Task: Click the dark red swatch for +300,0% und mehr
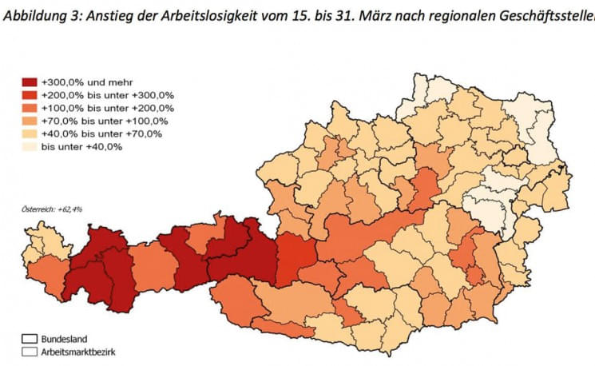coord(30,82)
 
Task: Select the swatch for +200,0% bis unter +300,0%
coord(30,95)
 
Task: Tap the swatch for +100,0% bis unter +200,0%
coord(30,108)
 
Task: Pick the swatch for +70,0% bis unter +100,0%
coord(30,121)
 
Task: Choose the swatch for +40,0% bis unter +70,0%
coord(30,133)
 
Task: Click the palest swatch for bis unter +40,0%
coord(30,146)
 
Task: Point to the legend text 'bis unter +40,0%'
coord(81,146)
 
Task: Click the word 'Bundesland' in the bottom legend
coord(65,339)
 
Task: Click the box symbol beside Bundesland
coord(30,339)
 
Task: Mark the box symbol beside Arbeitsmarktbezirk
coord(30,351)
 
